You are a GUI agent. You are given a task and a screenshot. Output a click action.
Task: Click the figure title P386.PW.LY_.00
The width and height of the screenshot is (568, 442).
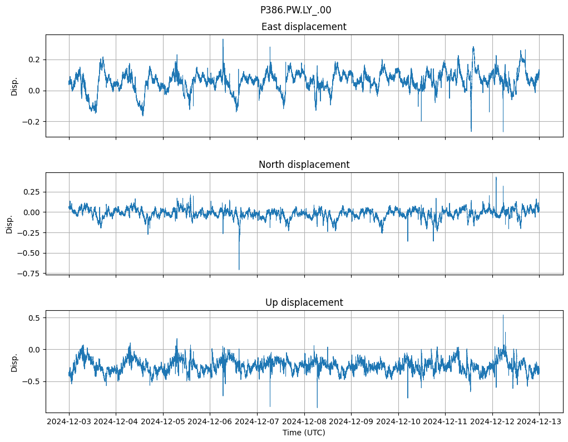pyautogui.click(x=295, y=10)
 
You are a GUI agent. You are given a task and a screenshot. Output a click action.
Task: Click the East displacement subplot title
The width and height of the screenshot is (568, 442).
pyautogui.click(x=304, y=27)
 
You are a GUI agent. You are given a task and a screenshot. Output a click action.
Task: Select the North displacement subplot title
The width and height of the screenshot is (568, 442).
pyautogui.click(x=304, y=165)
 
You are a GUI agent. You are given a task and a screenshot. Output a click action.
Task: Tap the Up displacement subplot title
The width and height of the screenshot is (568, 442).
pyautogui.click(x=304, y=302)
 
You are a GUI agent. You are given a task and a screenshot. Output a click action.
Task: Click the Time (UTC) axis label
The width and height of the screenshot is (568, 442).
pyautogui.click(x=304, y=432)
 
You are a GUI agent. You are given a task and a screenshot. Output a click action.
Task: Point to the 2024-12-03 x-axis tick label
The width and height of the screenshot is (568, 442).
pyautogui.click(x=69, y=422)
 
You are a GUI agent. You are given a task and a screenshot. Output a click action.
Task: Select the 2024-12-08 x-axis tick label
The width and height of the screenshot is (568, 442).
pyautogui.click(x=304, y=422)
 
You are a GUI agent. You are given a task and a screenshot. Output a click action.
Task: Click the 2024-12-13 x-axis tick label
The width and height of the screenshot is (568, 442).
pyautogui.click(x=539, y=422)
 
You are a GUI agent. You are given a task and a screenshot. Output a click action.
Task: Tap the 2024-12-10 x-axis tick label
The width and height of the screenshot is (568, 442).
pyautogui.click(x=398, y=422)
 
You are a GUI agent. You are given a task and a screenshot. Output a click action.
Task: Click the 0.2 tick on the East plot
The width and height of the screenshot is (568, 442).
pyautogui.click(x=34, y=59)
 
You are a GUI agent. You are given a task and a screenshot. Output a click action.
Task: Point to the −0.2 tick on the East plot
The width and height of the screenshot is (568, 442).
pyautogui.click(x=32, y=122)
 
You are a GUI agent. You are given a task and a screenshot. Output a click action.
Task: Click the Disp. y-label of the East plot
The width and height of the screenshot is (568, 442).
pyautogui.click(x=14, y=86)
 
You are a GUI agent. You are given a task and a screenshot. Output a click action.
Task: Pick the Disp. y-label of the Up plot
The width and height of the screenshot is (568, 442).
pyautogui.click(x=14, y=362)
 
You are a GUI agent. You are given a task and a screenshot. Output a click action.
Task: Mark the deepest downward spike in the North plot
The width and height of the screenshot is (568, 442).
pyautogui.click(x=239, y=269)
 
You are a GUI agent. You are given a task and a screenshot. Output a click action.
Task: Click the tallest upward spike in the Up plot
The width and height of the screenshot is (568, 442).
pyautogui.click(x=503, y=316)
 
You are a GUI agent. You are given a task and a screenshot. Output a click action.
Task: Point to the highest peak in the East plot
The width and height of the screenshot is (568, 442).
pyautogui.click(x=223, y=39)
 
